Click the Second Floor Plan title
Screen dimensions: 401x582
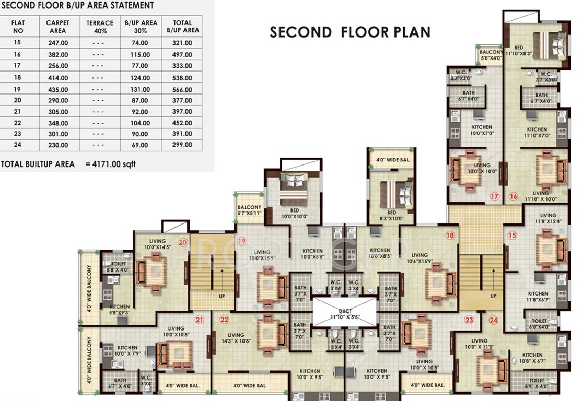point(350,32)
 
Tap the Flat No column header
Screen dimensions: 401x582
point(18,27)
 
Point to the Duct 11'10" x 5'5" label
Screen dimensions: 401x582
point(344,313)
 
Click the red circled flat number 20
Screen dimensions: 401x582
point(183,242)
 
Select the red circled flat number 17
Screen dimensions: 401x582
point(495,197)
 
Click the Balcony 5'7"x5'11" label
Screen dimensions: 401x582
point(249,209)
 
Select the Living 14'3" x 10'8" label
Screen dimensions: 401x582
point(236,338)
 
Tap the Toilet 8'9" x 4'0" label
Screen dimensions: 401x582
point(538,384)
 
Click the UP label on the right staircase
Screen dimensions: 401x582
point(493,296)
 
